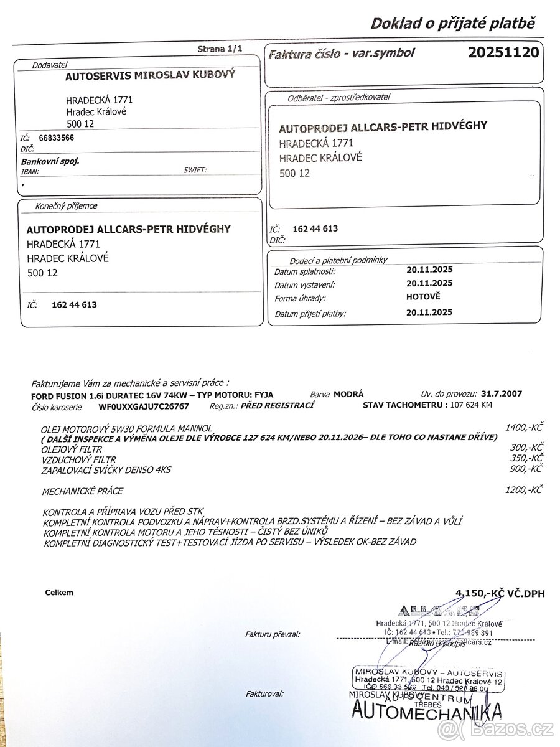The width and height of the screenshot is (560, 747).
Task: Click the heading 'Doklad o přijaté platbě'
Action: pyautogui.click(x=452, y=24)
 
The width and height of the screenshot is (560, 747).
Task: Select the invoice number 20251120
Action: pyautogui.click(x=503, y=53)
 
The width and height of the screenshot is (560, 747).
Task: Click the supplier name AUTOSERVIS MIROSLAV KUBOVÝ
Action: pyautogui.click(x=150, y=77)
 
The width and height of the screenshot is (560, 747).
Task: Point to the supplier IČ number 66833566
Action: pyautogui.click(x=56, y=139)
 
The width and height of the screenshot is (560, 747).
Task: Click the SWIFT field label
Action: pyautogui.click(x=195, y=169)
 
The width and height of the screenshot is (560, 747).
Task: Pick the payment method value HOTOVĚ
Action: pyautogui.click(x=423, y=297)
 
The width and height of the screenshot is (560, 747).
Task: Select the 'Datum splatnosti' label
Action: pyautogui.click(x=305, y=271)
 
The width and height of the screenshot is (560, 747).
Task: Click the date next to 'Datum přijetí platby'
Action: pyautogui.click(x=429, y=312)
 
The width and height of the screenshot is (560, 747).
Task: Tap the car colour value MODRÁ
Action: pyautogui.click(x=348, y=394)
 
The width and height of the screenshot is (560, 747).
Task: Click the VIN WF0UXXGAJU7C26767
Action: pyautogui.click(x=144, y=406)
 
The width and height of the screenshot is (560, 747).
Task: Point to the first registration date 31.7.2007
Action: pyautogui.click(x=502, y=393)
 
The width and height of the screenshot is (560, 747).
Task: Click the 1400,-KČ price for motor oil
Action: pyautogui.click(x=525, y=427)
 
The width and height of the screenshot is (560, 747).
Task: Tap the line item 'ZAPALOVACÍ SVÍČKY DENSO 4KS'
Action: pyautogui.click(x=106, y=470)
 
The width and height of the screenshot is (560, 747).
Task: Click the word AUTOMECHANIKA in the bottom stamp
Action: pyautogui.click(x=426, y=710)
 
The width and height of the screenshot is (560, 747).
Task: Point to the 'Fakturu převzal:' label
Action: pyautogui.click(x=273, y=634)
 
